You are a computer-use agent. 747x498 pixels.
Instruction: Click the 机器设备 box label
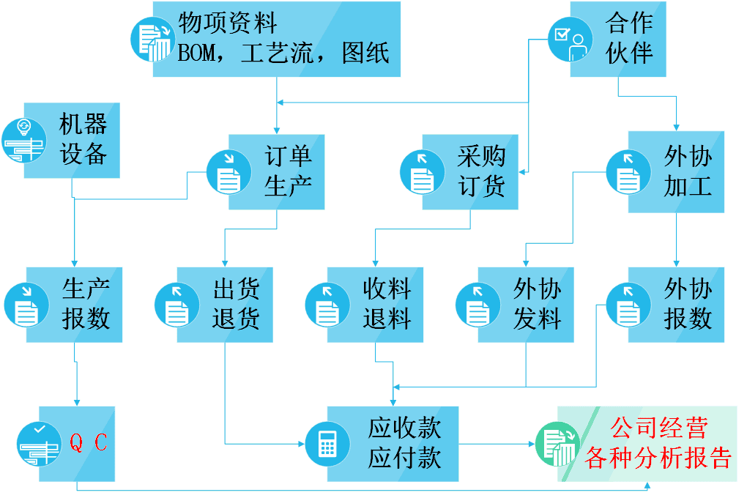[x=83, y=139]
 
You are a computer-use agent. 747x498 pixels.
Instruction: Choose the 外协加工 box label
[x=688, y=171]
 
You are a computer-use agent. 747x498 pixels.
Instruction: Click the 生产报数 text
[x=86, y=304]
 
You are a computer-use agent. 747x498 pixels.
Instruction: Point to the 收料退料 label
[x=387, y=304]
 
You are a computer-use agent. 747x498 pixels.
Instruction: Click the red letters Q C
[x=88, y=442]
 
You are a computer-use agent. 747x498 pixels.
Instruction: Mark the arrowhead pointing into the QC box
[x=76, y=401]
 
